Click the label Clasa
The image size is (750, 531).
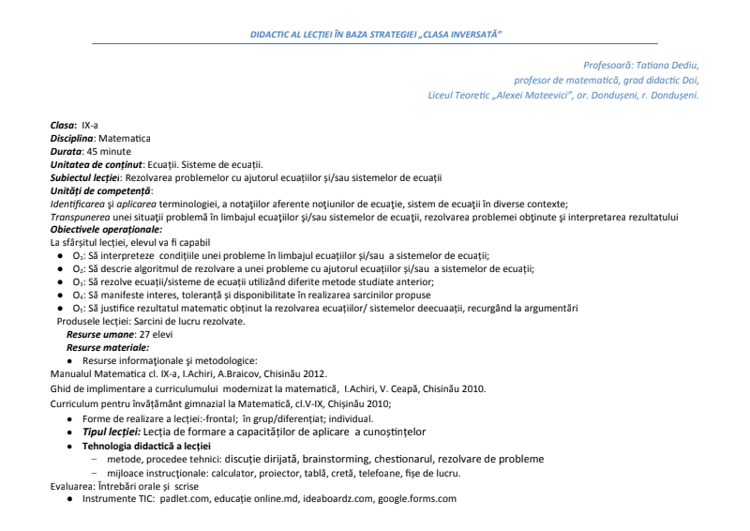[64, 124]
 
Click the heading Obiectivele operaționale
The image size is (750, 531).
[106, 229]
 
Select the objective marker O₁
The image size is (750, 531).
[79, 255]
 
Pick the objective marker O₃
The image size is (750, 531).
[79, 281]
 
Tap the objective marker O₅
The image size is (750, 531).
[79, 308]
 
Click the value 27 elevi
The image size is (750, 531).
[157, 334]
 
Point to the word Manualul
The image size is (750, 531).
[73, 373]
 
